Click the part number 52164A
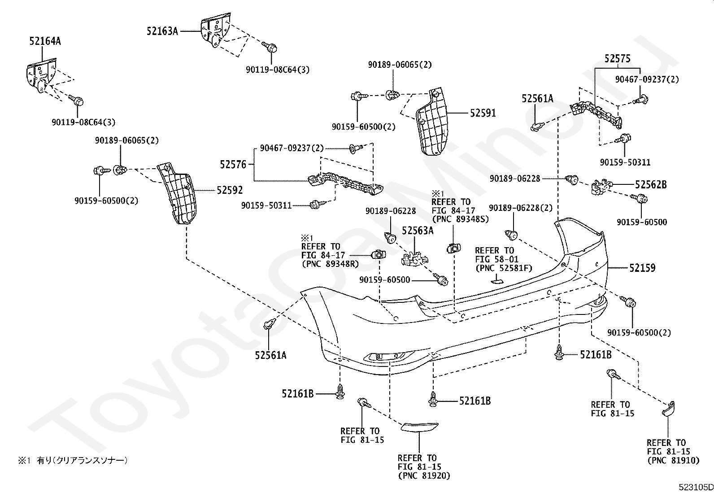point(45,41)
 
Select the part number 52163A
point(162,31)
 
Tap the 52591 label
point(483,113)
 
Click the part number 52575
point(617,58)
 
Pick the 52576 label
point(233,165)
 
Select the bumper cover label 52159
point(642,268)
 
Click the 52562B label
point(650,184)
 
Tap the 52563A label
point(418,231)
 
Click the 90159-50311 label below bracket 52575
point(625,162)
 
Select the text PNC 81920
point(424,476)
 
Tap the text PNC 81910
point(672,460)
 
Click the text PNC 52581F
point(503,268)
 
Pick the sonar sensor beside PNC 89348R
point(378,255)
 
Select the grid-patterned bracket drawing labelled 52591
point(433,122)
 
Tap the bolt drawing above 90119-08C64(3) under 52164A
point(77,101)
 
